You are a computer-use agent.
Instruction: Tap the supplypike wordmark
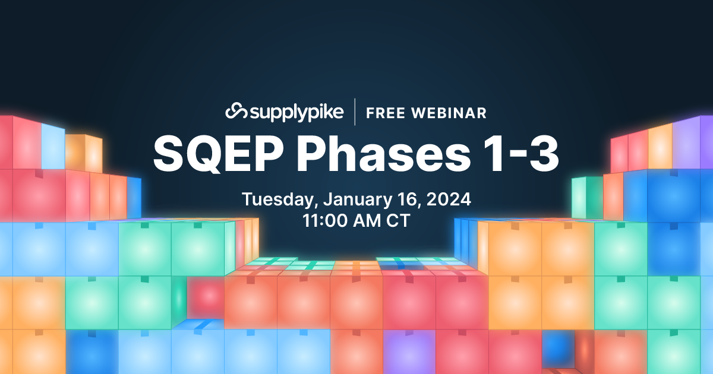point(295,112)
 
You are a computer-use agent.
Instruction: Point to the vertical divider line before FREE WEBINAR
point(355,112)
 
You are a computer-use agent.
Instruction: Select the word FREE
point(387,112)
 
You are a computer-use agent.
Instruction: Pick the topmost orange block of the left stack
point(83,152)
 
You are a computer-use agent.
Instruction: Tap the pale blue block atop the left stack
point(53,145)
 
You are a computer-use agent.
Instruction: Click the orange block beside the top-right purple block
point(660,145)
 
